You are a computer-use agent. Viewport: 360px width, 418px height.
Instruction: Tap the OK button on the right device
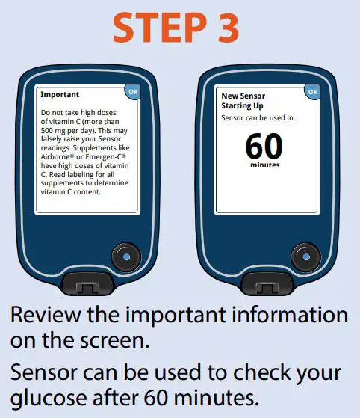[312, 91]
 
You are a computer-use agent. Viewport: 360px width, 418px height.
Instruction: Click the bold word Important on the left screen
[60, 96]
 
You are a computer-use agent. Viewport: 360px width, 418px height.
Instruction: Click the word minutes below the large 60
[264, 165]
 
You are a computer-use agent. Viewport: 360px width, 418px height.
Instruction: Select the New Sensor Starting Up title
[243, 101]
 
